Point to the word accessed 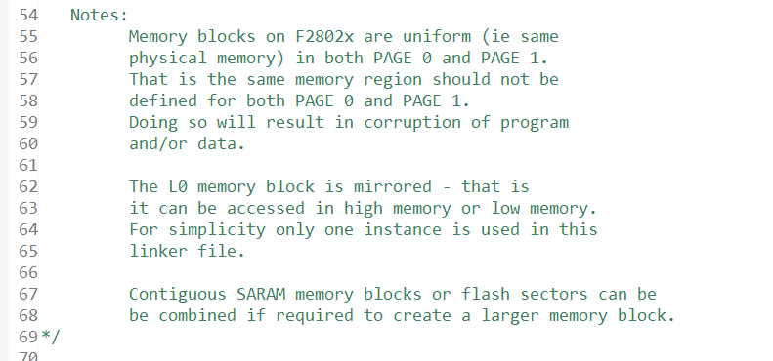click(x=244, y=207)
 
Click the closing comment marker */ click(x=50, y=337)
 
